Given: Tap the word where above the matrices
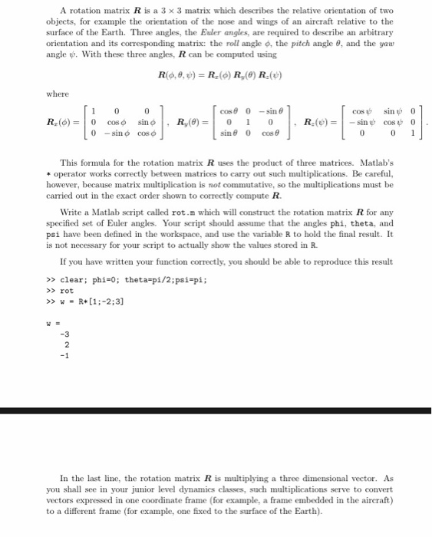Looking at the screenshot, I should (58, 94).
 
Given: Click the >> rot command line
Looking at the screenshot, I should (63, 291).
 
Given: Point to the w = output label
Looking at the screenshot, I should (54, 322).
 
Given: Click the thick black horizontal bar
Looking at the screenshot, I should (216, 411).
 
